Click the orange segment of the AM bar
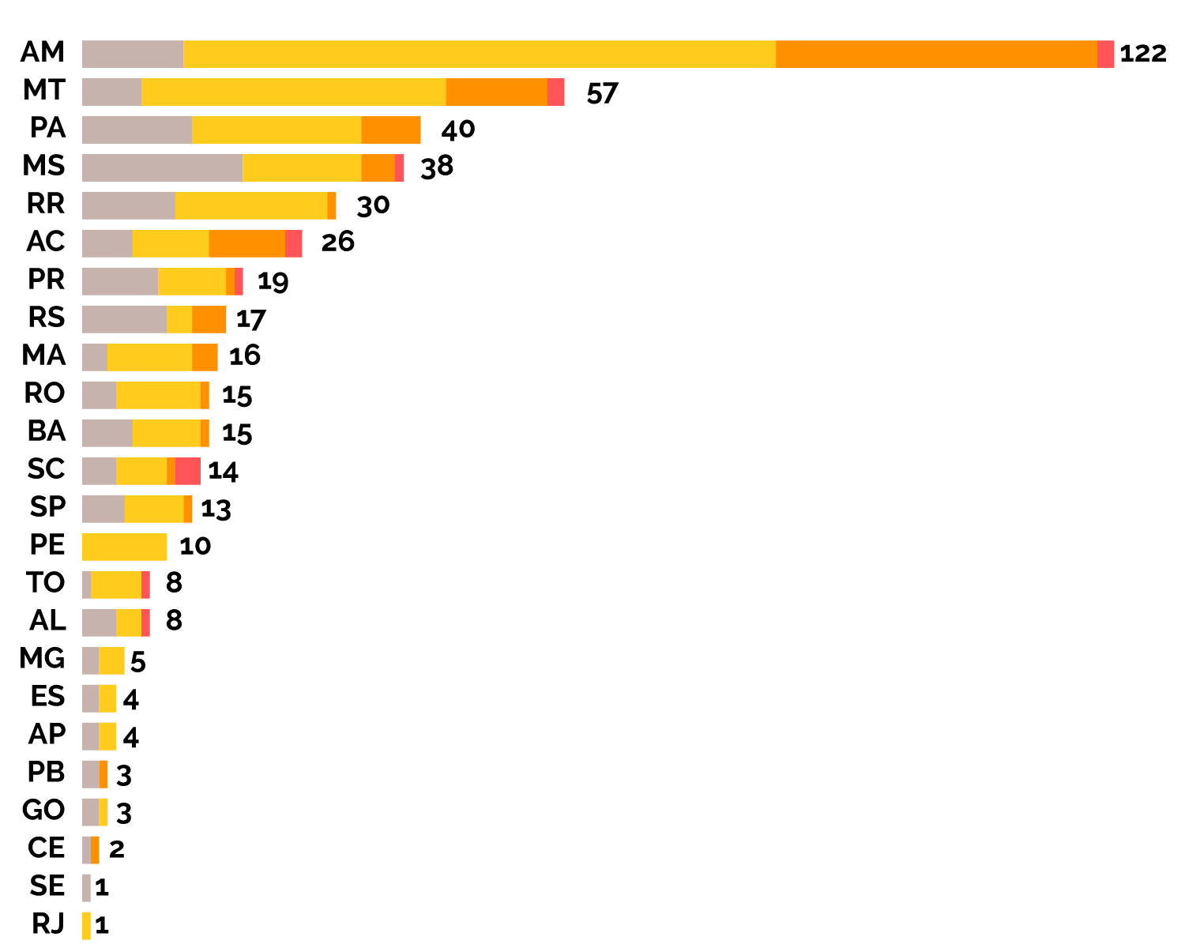tap(936, 54)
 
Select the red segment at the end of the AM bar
tap(1105, 54)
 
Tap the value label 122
tap(1143, 54)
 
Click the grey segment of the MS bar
tap(162, 167)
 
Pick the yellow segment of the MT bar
tap(294, 92)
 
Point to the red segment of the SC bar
tap(188, 471)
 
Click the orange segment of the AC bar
tap(247, 243)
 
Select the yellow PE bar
tap(124, 547)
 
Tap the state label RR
tap(46, 204)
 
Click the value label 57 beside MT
tap(602, 93)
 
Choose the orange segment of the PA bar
tap(391, 130)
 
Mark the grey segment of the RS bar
tap(124, 319)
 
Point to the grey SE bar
tap(86, 888)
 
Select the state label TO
tap(46, 583)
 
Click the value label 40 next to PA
tap(458, 130)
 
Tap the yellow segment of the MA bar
tap(149, 357)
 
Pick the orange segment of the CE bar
tap(95, 850)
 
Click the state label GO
tap(44, 811)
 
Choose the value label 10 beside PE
tap(195, 546)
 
